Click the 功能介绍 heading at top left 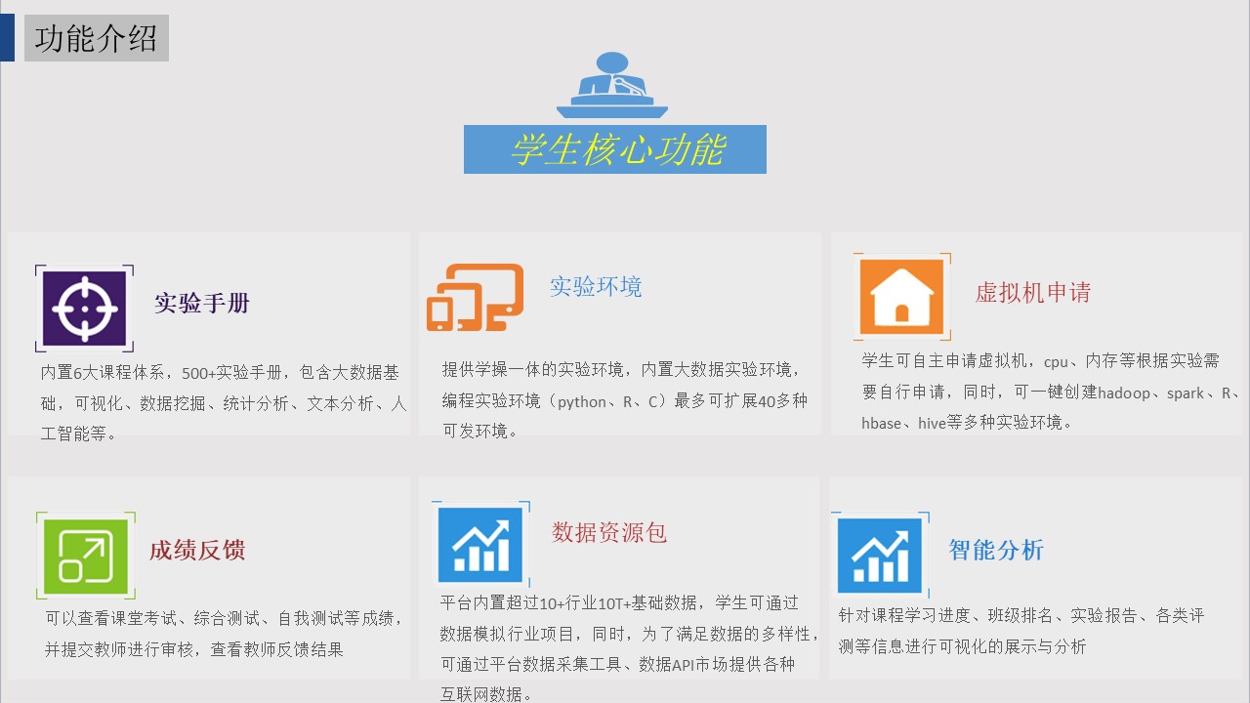(96, 38)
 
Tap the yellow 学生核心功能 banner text (618, 149)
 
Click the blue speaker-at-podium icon (612, 85)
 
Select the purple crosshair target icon (84, 309)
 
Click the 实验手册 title (202, 303)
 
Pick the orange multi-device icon (475, 298)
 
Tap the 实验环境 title (596, 286)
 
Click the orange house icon (901, 297)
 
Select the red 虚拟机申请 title (1033, 292)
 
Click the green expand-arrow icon (85, 557)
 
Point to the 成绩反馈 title (197, 550)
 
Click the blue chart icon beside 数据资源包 (479, 545)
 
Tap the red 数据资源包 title (608, 532)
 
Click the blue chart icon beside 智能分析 (880, 556)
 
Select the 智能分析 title (996, 550)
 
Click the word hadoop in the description (1124, 393)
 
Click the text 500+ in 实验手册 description (198, 373)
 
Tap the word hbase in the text (881, 424)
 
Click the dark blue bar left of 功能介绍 (7, 37)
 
